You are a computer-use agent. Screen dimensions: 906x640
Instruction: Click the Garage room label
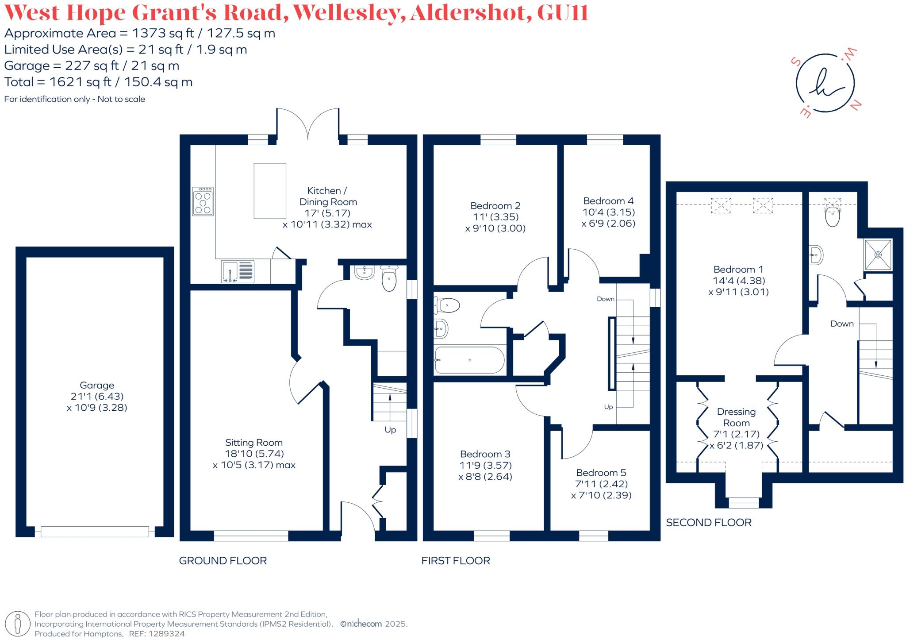click(x=97, y=386)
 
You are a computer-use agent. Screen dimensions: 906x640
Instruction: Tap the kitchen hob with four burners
click(x=203, y=201)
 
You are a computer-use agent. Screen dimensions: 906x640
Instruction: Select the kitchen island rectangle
click(x=269, y=191)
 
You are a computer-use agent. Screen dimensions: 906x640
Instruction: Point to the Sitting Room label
click(x=253, y=443)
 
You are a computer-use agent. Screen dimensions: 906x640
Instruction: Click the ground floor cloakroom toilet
click(x=389, y=279)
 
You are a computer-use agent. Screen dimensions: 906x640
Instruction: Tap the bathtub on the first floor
click(x=469, y=360)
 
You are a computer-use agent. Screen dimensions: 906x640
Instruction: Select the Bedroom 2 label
click(x=495, y=206)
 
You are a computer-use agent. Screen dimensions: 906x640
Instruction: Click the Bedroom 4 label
click(x=608, y=201)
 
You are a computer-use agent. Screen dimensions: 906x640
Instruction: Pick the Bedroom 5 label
click(x=601, y=473)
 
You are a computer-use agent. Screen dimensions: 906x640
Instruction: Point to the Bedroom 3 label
click(x=485, y=454)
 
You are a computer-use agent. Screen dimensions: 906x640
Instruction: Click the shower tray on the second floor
click(x=878, y=254)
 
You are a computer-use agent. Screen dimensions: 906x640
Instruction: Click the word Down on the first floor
click(x=605, y=299)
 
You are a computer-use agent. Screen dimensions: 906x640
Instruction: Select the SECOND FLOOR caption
click(x=708, y=523)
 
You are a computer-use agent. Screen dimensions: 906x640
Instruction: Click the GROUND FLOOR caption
click(x=223, y=561)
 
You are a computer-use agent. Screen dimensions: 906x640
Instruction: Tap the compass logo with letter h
click(x=825, y=83)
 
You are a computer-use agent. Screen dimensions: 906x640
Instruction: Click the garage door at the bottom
click(x=95, y=531)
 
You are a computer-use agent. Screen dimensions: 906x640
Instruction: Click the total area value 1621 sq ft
click(x=84, y=82)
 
